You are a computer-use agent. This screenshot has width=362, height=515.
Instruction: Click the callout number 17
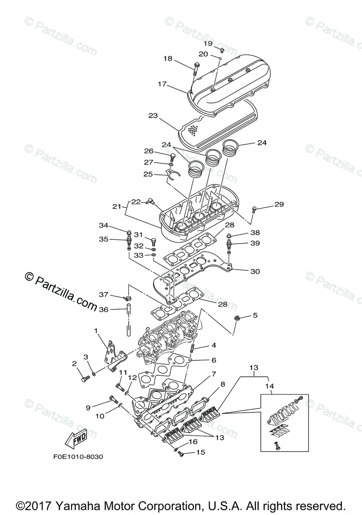click(x=161, y=84)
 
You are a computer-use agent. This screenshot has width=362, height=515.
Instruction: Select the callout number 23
click(x=153, y=115)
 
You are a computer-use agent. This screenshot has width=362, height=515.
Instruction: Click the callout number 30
click(x=255, y=271)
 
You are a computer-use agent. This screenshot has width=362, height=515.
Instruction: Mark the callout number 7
click(x=213, y=375)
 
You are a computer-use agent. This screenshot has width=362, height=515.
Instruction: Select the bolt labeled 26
click(x=173, y=157)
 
